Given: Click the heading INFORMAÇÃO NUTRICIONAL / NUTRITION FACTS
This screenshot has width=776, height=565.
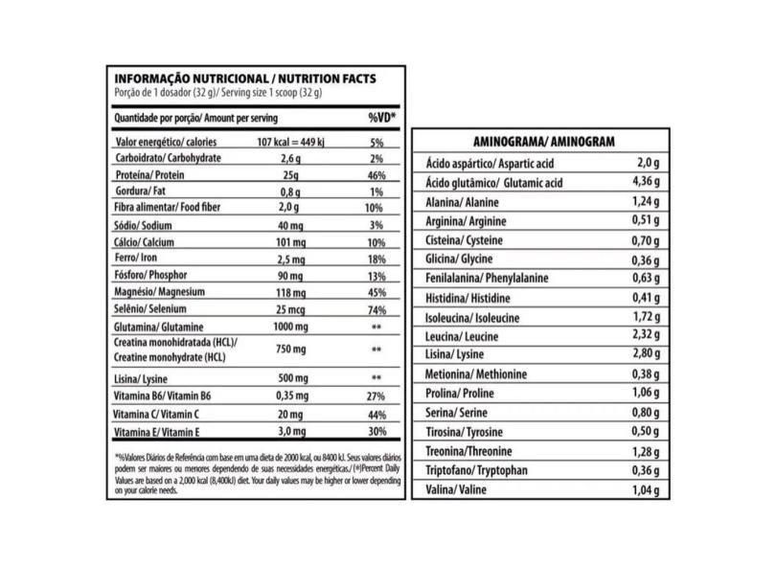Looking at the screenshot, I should [x=244, y=79].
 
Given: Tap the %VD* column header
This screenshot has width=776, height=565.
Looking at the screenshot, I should [x=382, y=118].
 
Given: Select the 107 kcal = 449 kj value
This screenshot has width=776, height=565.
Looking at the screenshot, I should [x=292, y=142].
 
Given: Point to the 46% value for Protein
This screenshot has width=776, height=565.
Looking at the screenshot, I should [x=376, y=175].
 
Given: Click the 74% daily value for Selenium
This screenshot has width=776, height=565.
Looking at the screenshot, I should [x=376, y=309].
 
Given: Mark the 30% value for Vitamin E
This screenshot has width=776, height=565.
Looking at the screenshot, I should [x=376, y=432].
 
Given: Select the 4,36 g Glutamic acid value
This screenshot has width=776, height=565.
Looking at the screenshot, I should [x=644, y=183].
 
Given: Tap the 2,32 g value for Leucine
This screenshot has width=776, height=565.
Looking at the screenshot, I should [x=646, y=335].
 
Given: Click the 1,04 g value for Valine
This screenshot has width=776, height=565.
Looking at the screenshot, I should [x=646, y=490].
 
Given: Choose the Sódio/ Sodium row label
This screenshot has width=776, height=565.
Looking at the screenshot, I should [x=144, y=224].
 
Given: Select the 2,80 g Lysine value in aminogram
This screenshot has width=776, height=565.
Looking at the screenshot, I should [x=646, y=354].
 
